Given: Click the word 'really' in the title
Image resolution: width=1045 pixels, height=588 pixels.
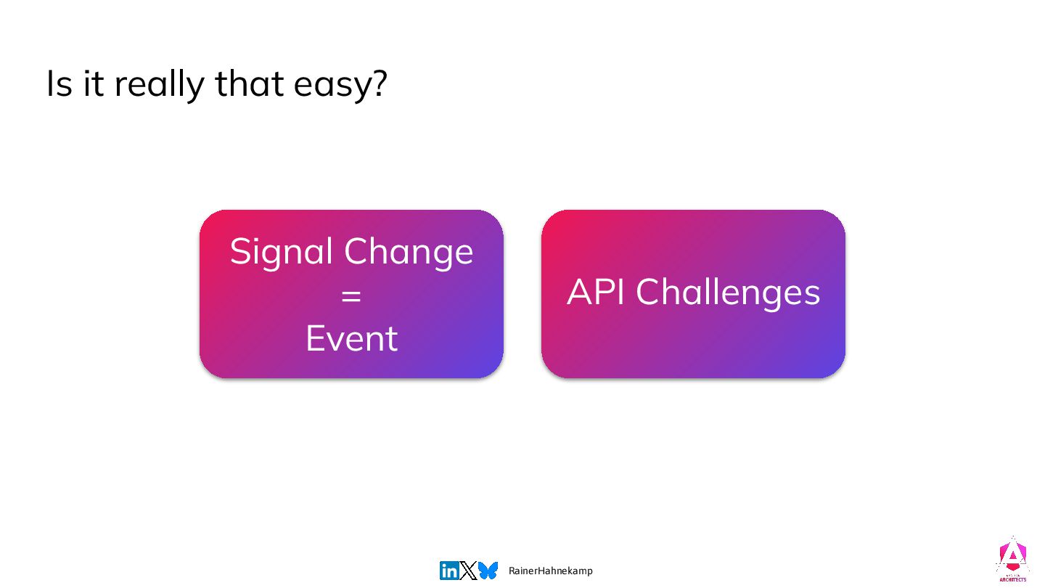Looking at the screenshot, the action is point(160,85).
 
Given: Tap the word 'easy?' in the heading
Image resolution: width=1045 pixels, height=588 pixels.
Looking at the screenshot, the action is point(340,85).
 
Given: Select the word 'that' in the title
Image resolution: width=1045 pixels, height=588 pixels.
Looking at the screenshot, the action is point(249,83).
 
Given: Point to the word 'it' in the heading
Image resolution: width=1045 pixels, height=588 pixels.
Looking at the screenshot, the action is point(94,83).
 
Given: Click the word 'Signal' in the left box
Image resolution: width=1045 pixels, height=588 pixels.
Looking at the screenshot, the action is point(281,253).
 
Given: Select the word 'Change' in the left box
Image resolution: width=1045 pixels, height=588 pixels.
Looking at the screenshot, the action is point(409,253).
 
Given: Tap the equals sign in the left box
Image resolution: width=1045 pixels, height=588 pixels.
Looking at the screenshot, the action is point(351,295).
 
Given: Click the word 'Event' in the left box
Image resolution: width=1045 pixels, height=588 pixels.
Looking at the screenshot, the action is point(352,338).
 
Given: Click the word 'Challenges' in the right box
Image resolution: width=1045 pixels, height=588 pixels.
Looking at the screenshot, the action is point(728,293).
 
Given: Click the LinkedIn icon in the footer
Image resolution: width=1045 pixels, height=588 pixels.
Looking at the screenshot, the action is point(448,571).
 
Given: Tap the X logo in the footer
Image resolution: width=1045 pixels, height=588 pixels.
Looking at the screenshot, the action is point(468,571).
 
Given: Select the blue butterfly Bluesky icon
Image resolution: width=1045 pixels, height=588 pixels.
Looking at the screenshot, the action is point(488,571).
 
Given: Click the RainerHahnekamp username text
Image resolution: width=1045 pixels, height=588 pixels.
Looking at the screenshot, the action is point(551,571).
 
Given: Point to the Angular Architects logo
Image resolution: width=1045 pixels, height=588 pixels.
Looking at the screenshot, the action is point(1012,560).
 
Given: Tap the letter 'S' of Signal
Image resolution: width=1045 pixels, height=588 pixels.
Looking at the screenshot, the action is point(241,251).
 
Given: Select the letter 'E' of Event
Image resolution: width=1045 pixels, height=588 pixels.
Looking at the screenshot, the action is point(315,338).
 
